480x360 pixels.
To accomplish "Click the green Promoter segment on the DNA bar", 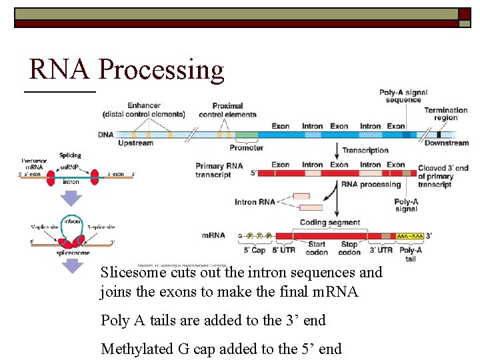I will click(246, 135).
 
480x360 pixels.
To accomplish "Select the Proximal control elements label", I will click(227, 110).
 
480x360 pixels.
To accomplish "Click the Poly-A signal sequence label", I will click(403, 96).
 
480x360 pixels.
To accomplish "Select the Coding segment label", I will click(330, 223).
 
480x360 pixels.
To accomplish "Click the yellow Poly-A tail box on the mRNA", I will click(410, 236).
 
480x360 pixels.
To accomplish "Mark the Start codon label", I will click(317, 249).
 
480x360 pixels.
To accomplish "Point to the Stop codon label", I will click(349, 249).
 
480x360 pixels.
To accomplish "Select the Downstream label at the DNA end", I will click(447, 143).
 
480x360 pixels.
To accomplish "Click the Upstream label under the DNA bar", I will click(135, 143).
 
